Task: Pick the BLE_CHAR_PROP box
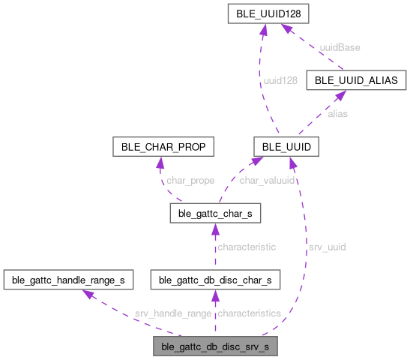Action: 162,145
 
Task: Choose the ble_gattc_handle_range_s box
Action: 68,280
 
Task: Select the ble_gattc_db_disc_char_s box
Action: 215,280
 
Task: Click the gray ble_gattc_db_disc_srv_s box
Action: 215,347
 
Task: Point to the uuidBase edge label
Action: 340,47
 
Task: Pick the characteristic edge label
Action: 246,246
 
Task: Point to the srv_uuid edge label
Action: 327,246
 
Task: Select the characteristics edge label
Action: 248,313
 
